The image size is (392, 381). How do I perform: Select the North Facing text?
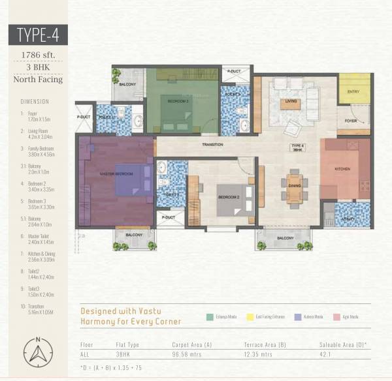click(x=38, y=80)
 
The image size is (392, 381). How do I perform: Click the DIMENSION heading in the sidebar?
click(x=35, y=102)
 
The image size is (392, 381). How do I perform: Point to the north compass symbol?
click(x=38, y=353)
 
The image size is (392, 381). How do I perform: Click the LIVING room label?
click(x=292, y=100)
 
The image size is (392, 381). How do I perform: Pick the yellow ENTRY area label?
click(x=353, y=92)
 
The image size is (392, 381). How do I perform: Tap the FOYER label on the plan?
click(x=351, y=121)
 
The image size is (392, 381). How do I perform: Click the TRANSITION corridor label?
click(x=213, y=145)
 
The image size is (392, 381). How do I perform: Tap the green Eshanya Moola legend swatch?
click(x=210, y=316)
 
